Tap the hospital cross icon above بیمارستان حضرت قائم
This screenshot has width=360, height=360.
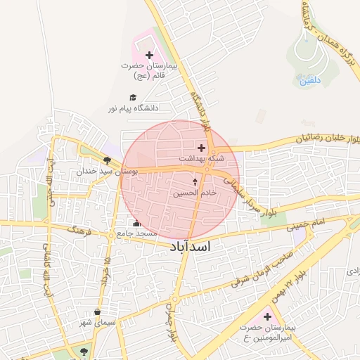pos(149,55)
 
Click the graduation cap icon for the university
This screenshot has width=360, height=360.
pos(132,98)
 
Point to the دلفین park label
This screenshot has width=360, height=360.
pos(310,81)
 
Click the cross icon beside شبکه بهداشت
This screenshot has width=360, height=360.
pos(202,148)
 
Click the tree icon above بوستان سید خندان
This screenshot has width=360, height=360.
pos(107,160)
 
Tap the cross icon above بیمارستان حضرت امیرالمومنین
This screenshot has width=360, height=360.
pos(266,317)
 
